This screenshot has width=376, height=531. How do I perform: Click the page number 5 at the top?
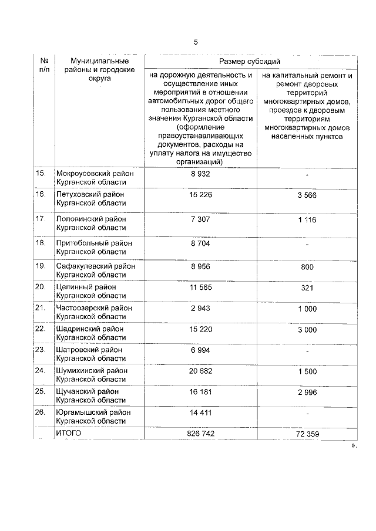pos(196,42)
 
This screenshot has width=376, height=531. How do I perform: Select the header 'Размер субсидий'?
pos(250,61)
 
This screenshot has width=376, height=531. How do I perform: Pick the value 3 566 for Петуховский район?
pos(307,195)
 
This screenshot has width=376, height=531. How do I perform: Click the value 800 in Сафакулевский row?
pos(307,266)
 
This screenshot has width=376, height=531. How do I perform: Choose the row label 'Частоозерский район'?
pos(93,307)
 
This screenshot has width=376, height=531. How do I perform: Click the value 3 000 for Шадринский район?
pos(307,330)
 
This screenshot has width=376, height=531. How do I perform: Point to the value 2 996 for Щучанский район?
pos(307,391)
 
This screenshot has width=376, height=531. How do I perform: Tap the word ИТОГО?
pos(68,433)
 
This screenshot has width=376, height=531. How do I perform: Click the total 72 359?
pos(307,434)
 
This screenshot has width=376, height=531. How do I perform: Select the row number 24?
pos(41,370)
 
